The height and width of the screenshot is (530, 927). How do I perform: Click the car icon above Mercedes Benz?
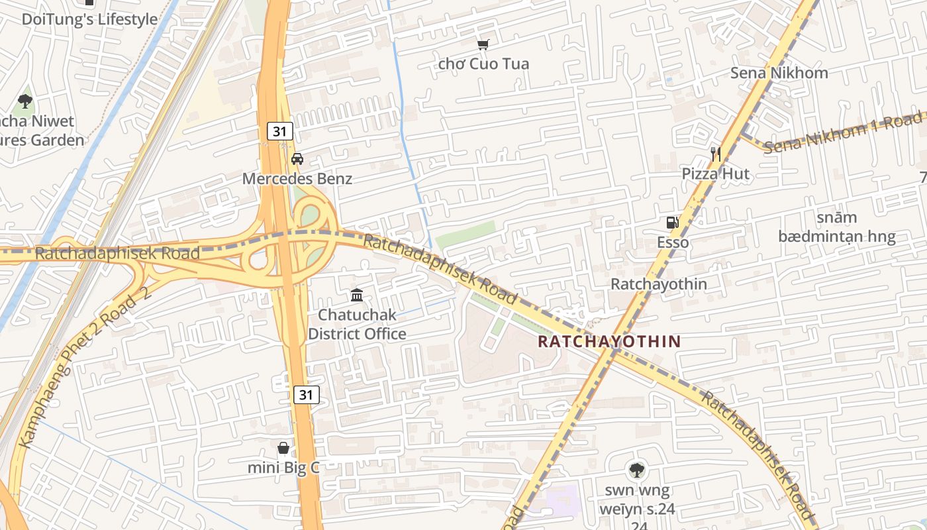tap(297, 159)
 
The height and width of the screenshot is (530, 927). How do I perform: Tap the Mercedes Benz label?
tap(297, 179)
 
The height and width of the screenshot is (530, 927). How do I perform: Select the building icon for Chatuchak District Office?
tap(357, 295)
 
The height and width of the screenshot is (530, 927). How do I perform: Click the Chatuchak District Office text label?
tap(357, 324)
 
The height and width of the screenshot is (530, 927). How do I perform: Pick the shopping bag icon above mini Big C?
tap(283, 449)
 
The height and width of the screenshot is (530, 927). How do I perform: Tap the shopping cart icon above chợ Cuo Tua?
tap(483, 45)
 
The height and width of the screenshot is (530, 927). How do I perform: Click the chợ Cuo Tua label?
tap(483, 64)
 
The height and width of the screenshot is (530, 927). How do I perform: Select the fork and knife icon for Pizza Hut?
tap(716, 154)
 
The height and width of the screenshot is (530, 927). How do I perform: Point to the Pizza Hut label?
tap(716, 174)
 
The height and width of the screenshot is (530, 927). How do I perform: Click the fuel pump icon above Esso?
tap(673, 223)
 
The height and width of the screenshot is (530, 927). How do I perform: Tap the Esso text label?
tap(673, 242)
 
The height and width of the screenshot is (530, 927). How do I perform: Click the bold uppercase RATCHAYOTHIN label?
tap(609, 342)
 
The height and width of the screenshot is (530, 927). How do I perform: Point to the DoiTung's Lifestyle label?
tap(90, 19)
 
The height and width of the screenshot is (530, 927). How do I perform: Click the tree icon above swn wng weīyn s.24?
tap(636, 470)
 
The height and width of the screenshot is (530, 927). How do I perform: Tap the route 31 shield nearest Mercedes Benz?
tap(280, 131)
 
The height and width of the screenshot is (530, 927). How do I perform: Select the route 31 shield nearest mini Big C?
tap(306, 395)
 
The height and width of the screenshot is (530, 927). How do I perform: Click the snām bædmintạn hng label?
tap(836, 227)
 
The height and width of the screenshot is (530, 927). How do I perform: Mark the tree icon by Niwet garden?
tap(25, 101)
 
